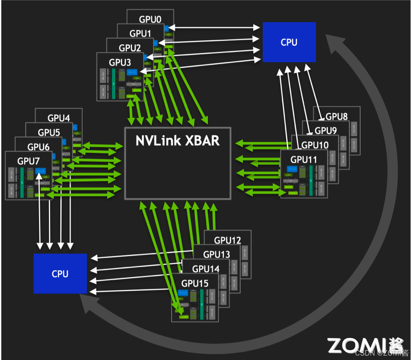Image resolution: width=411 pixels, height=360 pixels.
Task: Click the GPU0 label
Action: [150, 19]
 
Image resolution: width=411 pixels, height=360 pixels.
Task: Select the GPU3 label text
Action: [120, 62]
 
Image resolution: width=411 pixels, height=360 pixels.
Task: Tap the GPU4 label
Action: [58, 118]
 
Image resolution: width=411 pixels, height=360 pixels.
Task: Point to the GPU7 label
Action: [28, 161]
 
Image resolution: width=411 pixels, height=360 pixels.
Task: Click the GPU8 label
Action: [337, 116]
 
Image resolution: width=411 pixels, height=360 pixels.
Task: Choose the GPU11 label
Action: [304, 159]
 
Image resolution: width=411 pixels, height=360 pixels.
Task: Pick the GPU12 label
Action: [227, 240]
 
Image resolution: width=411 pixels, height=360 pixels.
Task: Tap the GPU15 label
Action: [194, 283]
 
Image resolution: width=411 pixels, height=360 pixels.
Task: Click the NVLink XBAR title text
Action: [178, 141]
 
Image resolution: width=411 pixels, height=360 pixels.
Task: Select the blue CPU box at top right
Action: [289, 42]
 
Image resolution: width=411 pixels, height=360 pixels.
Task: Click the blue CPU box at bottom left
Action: [60, 273]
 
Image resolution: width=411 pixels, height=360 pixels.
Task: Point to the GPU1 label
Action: [140, 33]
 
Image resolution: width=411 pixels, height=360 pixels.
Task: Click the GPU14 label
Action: [206, 269]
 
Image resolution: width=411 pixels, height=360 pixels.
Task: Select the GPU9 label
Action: [326, 130]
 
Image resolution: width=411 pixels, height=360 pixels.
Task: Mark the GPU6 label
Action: [39, 146]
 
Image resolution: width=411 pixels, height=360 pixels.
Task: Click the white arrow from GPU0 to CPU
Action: [214, 28]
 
